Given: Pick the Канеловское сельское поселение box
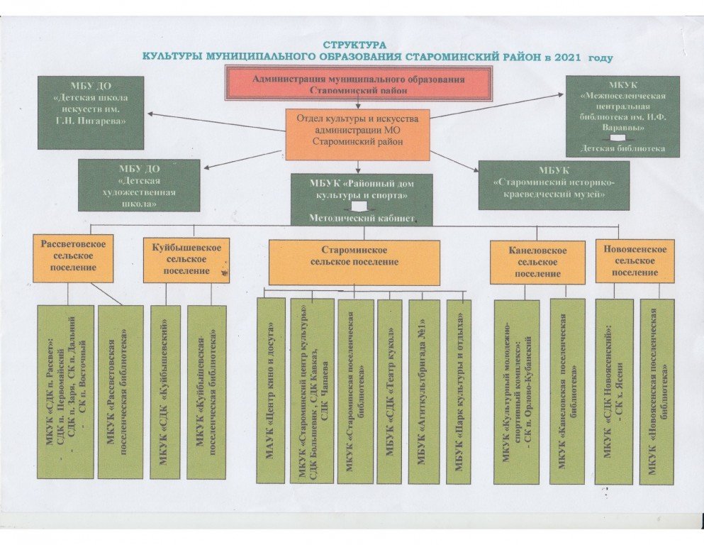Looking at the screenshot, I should click(537, 262).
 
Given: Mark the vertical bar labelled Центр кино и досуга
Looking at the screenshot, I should click(270, 390).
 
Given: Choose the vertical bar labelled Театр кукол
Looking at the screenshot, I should click(389, 391).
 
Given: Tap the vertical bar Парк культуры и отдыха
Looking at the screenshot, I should click(458, 391).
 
